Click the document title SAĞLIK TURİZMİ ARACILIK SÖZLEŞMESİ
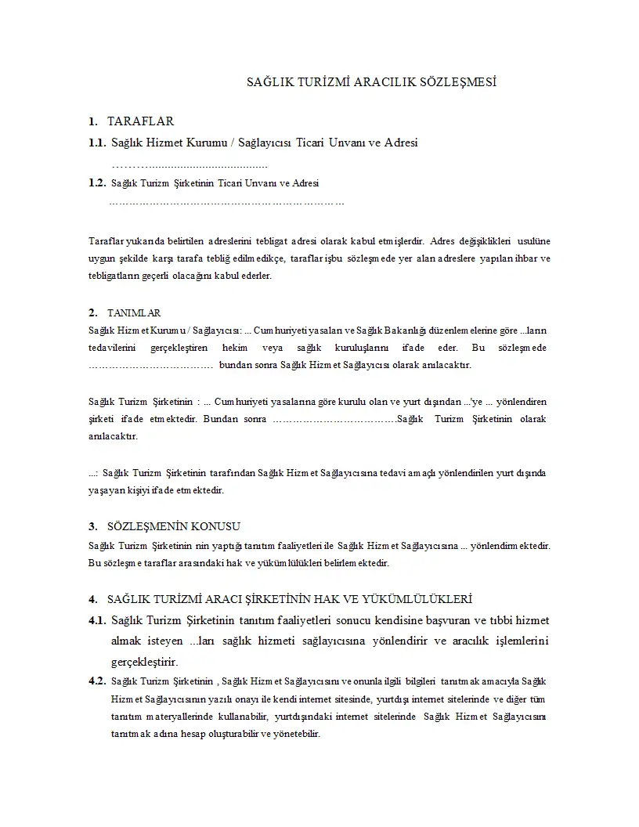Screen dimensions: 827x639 coord(372,81)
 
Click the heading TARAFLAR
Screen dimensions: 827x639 coord(140,121)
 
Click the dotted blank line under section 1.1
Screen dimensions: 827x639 coord(190,165)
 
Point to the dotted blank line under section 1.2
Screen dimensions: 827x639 coord(226,204)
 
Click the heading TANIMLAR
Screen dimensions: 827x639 coord(134,312)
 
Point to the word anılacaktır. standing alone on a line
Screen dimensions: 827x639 coord(114,435)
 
